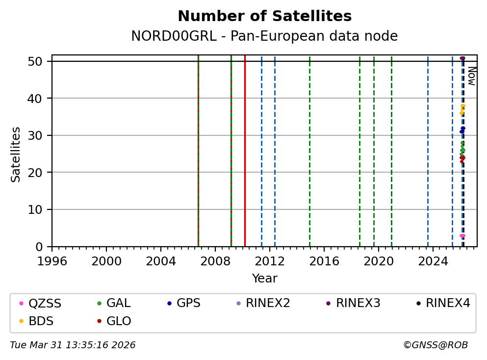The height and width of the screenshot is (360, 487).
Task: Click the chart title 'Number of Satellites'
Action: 264,16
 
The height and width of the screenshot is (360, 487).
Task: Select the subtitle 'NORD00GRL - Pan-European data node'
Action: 264,36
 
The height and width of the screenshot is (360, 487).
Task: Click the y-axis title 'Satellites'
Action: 16,154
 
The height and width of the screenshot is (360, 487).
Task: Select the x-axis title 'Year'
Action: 264,279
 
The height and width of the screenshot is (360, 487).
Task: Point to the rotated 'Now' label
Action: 471,76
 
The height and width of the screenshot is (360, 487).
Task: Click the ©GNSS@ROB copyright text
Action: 435,345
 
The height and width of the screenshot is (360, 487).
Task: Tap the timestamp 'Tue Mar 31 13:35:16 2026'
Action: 73,345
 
